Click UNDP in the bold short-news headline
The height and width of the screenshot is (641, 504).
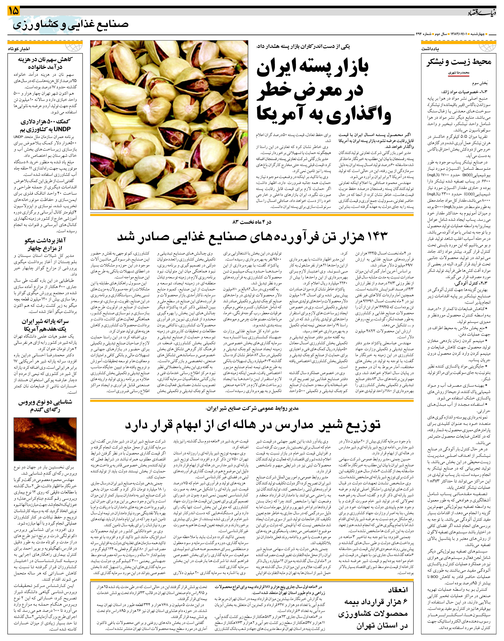click(63, 129)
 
